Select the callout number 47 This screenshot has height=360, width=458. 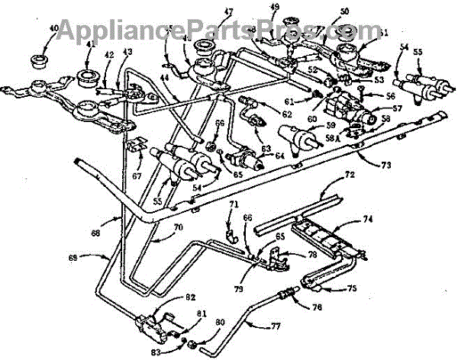[x=208, y=13]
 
